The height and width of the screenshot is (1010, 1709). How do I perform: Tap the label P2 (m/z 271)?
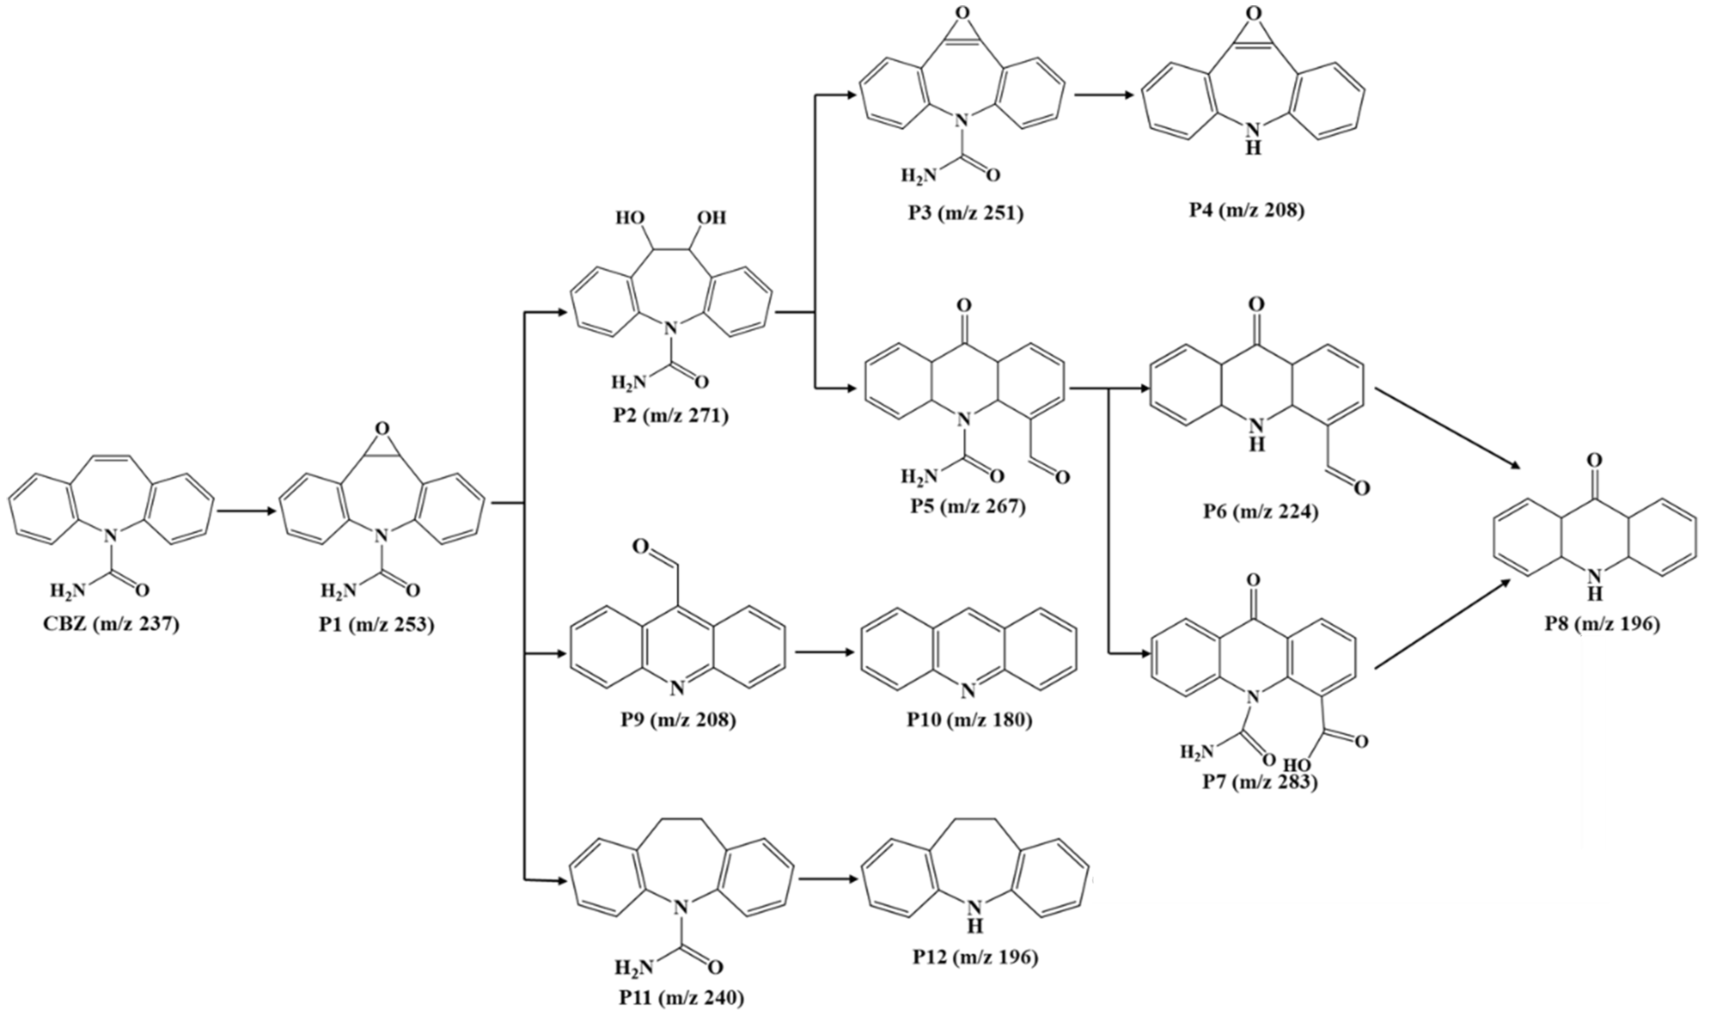[670, 415]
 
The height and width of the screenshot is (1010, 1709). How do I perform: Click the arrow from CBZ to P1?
[246, 511]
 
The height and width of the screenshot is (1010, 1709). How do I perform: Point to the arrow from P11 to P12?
[828, 879]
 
